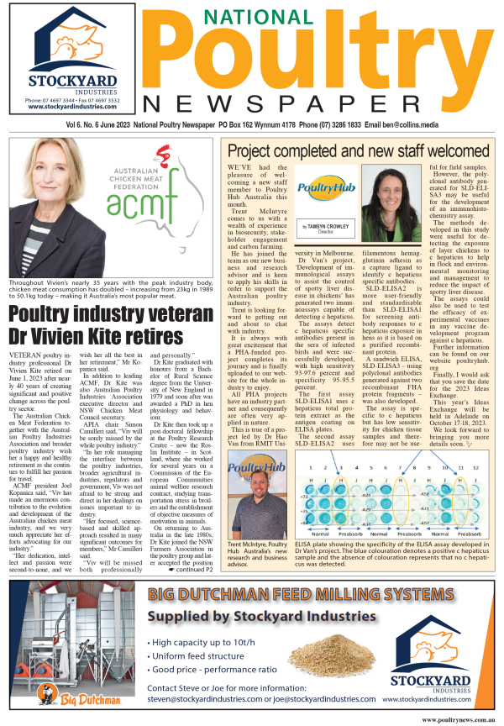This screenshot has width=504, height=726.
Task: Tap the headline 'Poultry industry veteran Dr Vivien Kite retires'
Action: pos(109,300)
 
